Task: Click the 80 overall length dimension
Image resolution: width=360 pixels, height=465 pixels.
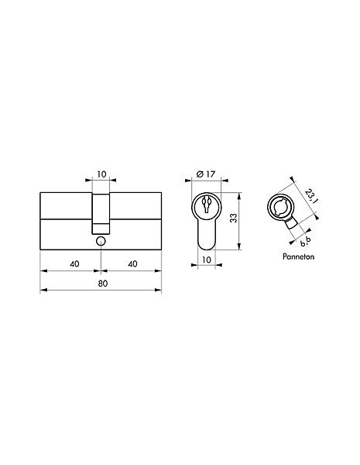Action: click(102, 284)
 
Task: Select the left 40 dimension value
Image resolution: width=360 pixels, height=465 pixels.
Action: click(74, 263)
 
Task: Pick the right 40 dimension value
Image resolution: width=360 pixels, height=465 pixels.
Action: click(132, 263)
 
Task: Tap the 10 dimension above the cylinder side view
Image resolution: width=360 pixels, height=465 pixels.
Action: click(101, 174)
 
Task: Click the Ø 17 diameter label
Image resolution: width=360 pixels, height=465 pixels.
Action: click(206, 174)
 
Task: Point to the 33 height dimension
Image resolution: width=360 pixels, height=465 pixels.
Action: click(234, 218)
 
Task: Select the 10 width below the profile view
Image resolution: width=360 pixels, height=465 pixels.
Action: click(206, 260)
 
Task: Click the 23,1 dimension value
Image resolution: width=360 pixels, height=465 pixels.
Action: click(311, 195)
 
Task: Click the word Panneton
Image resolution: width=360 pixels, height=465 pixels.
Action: click(298, 257)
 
